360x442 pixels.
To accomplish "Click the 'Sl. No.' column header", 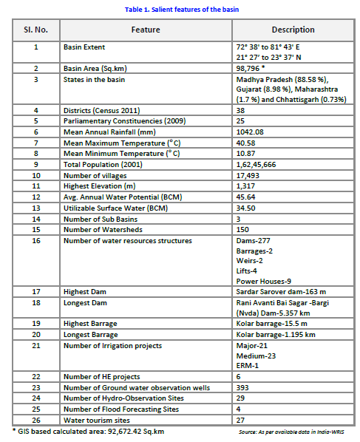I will (35, 30).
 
